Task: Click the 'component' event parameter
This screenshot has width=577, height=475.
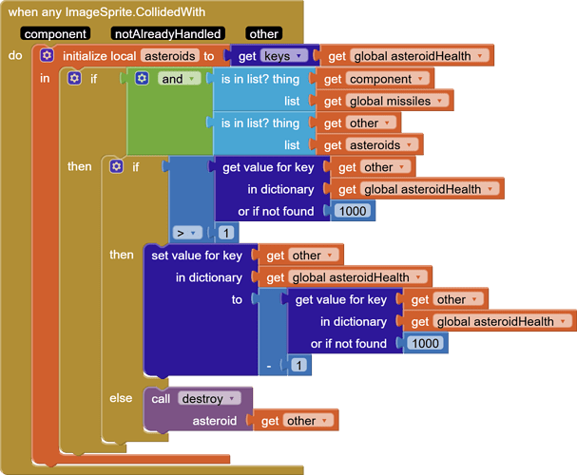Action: tap(56, 34)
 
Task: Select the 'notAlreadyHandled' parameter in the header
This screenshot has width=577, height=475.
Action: tap(167, 34)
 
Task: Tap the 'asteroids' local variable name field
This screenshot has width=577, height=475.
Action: tap(170, 56)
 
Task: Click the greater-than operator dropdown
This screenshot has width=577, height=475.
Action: tap(188, 233)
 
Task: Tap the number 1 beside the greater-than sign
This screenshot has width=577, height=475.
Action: tap(226, 233)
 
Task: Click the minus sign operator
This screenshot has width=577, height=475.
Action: tap(270, 365)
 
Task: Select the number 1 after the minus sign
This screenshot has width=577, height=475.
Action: tap(298, 365)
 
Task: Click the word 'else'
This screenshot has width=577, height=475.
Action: tap(121, 398)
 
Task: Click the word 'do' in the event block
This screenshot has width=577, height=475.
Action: tap(15, 56)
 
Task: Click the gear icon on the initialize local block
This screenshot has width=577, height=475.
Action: tap(47, 56)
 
